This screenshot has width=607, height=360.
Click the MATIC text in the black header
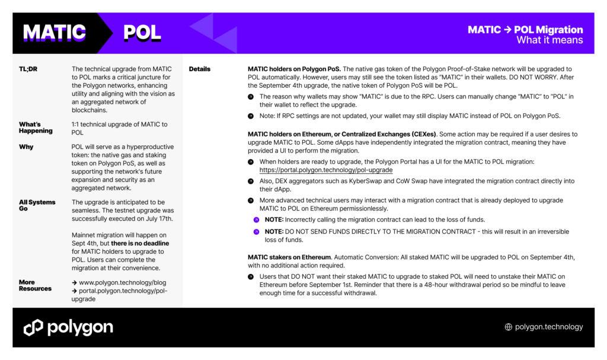(x=55, y=33)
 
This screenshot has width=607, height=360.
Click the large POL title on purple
(x=142, y=33)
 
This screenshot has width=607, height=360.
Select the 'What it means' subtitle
(x=550, y=40)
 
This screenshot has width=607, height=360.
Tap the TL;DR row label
(x=28, y=69)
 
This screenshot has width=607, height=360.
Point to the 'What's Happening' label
(x=36, y=128)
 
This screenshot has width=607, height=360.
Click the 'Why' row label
(x=26, y=146)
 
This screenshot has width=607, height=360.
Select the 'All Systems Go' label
(x=37, y=205)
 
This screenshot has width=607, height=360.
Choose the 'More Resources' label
(x=35, y=285)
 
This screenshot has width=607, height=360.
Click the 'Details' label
(x=200, y=69)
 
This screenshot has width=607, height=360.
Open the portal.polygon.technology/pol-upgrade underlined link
(x=325, y=170)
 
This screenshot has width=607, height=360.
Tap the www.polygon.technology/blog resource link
(x=122, y=283)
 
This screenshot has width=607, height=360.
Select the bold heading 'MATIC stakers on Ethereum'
(x=289, y=257)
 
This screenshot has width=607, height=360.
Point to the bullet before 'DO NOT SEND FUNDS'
(x=256, y=232)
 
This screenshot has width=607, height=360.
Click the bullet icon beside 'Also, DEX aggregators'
(x=251, y=181)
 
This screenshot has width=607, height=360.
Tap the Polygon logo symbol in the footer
(x=33, y=327)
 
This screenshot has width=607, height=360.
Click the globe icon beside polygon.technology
(x=508, y=327)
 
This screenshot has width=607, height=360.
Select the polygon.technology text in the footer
(x=549, y=327)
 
